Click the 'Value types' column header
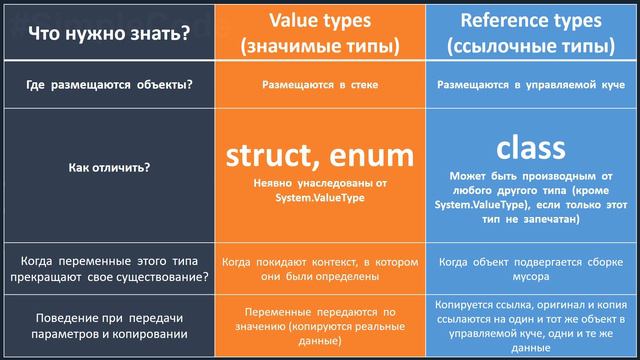321,20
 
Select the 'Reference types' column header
530,20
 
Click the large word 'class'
530,147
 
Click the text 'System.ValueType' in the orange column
320,198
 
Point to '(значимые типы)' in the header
321,46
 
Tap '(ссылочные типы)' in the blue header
530,46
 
